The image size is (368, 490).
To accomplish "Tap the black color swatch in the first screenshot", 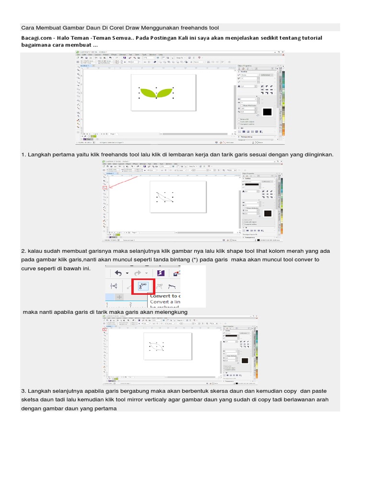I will coord(267,112).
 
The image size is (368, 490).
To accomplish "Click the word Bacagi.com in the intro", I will coord(35,38).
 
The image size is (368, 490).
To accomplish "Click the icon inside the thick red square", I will coord(142,287).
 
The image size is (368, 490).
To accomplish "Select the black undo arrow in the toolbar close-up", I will coord(117,273).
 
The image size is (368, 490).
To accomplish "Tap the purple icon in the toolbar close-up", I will coord(161,273).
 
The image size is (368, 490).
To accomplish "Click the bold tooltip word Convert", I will coord(161,295).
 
